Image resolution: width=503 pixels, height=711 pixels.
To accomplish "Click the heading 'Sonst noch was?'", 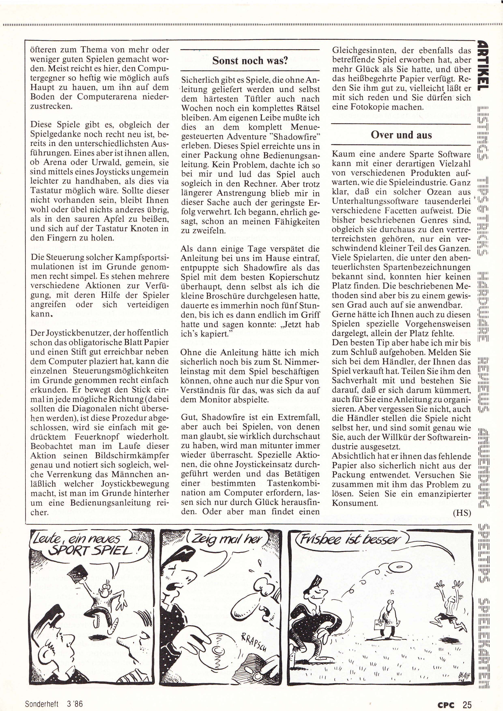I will click(x=250, y=61).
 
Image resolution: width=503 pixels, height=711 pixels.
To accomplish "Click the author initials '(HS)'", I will click(x=461, y=513).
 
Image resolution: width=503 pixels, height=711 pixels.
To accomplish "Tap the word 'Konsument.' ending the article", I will click(x=355, y=503).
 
